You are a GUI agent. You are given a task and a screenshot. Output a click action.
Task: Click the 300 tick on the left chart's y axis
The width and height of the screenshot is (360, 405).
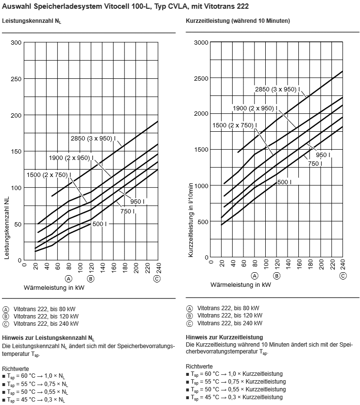point(16,43)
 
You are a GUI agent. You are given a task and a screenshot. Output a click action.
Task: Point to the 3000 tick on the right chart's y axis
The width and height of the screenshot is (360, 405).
point(201,43)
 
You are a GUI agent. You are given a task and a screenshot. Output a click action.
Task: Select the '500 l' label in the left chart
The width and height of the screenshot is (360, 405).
point(100,224)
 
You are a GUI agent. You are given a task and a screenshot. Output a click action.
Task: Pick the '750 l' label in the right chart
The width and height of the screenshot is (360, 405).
point(315,163)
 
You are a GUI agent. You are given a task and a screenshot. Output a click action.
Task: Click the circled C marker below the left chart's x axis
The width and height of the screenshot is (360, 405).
point(156,279)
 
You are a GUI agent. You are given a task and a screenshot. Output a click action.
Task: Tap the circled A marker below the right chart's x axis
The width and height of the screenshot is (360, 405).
point(255,276)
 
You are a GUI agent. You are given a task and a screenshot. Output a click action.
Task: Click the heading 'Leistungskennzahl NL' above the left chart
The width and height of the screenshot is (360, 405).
point(32,21)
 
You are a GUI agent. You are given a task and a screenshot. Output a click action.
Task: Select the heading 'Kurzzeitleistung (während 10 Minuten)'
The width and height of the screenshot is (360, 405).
point(238,21)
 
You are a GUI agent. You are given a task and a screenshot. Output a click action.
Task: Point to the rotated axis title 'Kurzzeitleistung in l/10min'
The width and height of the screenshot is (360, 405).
point(191,220)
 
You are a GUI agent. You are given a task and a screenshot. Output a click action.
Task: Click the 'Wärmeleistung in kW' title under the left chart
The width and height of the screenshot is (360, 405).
point(54,287)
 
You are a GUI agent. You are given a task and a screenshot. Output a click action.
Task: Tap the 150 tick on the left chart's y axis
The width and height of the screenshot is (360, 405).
point(16,152)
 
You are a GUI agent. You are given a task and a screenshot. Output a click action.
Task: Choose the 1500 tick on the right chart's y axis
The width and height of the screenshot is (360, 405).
point(201,150)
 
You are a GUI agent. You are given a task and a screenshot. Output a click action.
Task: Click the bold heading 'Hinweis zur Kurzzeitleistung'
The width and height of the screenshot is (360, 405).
point(224,337)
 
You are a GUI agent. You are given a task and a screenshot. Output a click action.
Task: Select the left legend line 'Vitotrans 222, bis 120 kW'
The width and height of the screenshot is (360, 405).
point(46,317)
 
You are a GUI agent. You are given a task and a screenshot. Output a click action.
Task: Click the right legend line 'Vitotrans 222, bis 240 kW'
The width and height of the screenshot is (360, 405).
point(230,323)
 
